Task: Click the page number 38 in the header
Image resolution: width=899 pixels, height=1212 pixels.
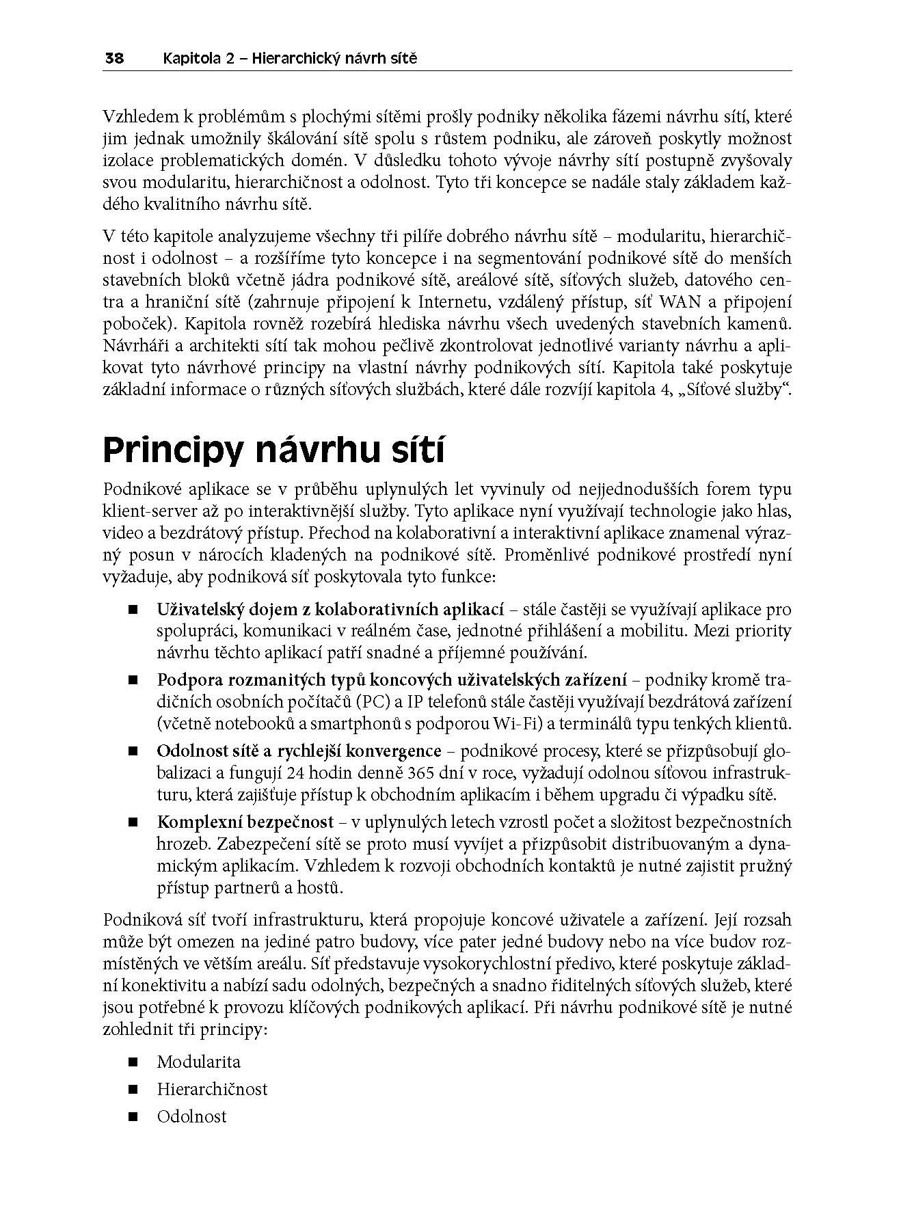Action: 113,59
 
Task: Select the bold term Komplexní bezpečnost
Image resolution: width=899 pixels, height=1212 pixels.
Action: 245,822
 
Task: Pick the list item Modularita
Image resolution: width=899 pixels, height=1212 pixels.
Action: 198,1062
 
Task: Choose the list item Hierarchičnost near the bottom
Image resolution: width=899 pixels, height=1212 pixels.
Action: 212,1089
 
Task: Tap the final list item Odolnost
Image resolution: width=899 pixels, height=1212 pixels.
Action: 191,1116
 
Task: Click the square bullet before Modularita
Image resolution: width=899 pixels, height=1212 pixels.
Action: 132,1062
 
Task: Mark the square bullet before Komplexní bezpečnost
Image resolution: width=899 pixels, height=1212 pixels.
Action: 132,822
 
